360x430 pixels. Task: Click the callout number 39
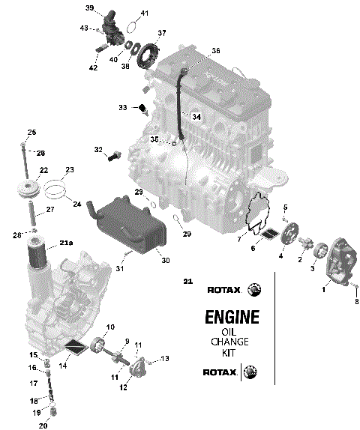(x=89, y=7)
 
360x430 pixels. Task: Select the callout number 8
(x=356, y=301)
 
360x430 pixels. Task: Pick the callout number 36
(x=215, y=51)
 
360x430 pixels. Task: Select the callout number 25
(x=31, y=133)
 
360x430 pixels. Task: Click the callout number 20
(x=43, y=425)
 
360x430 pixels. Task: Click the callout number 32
(x=98, y=150)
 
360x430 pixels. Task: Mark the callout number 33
(x=122, y=108)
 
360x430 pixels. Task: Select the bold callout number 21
(x=187, y=282)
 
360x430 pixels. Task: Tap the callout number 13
(x=166, y=358)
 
